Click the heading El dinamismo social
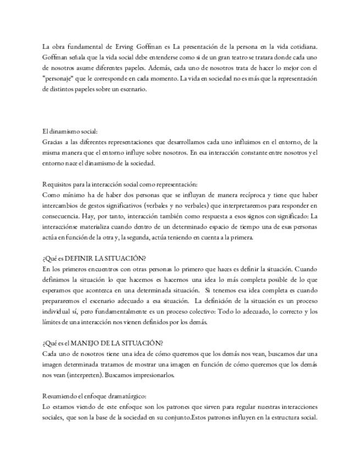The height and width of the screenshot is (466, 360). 70,131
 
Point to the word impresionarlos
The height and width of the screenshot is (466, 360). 149,375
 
